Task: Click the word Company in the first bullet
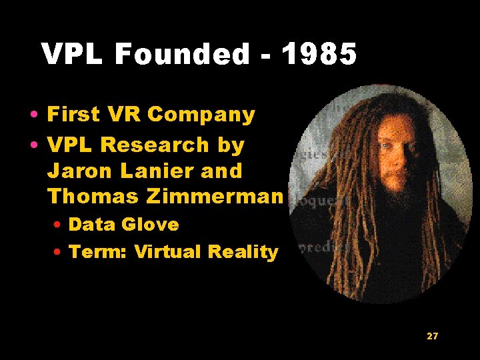[x=201, y=115]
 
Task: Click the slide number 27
[x=432, y=336]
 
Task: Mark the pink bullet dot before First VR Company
[x=33, y=116]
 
